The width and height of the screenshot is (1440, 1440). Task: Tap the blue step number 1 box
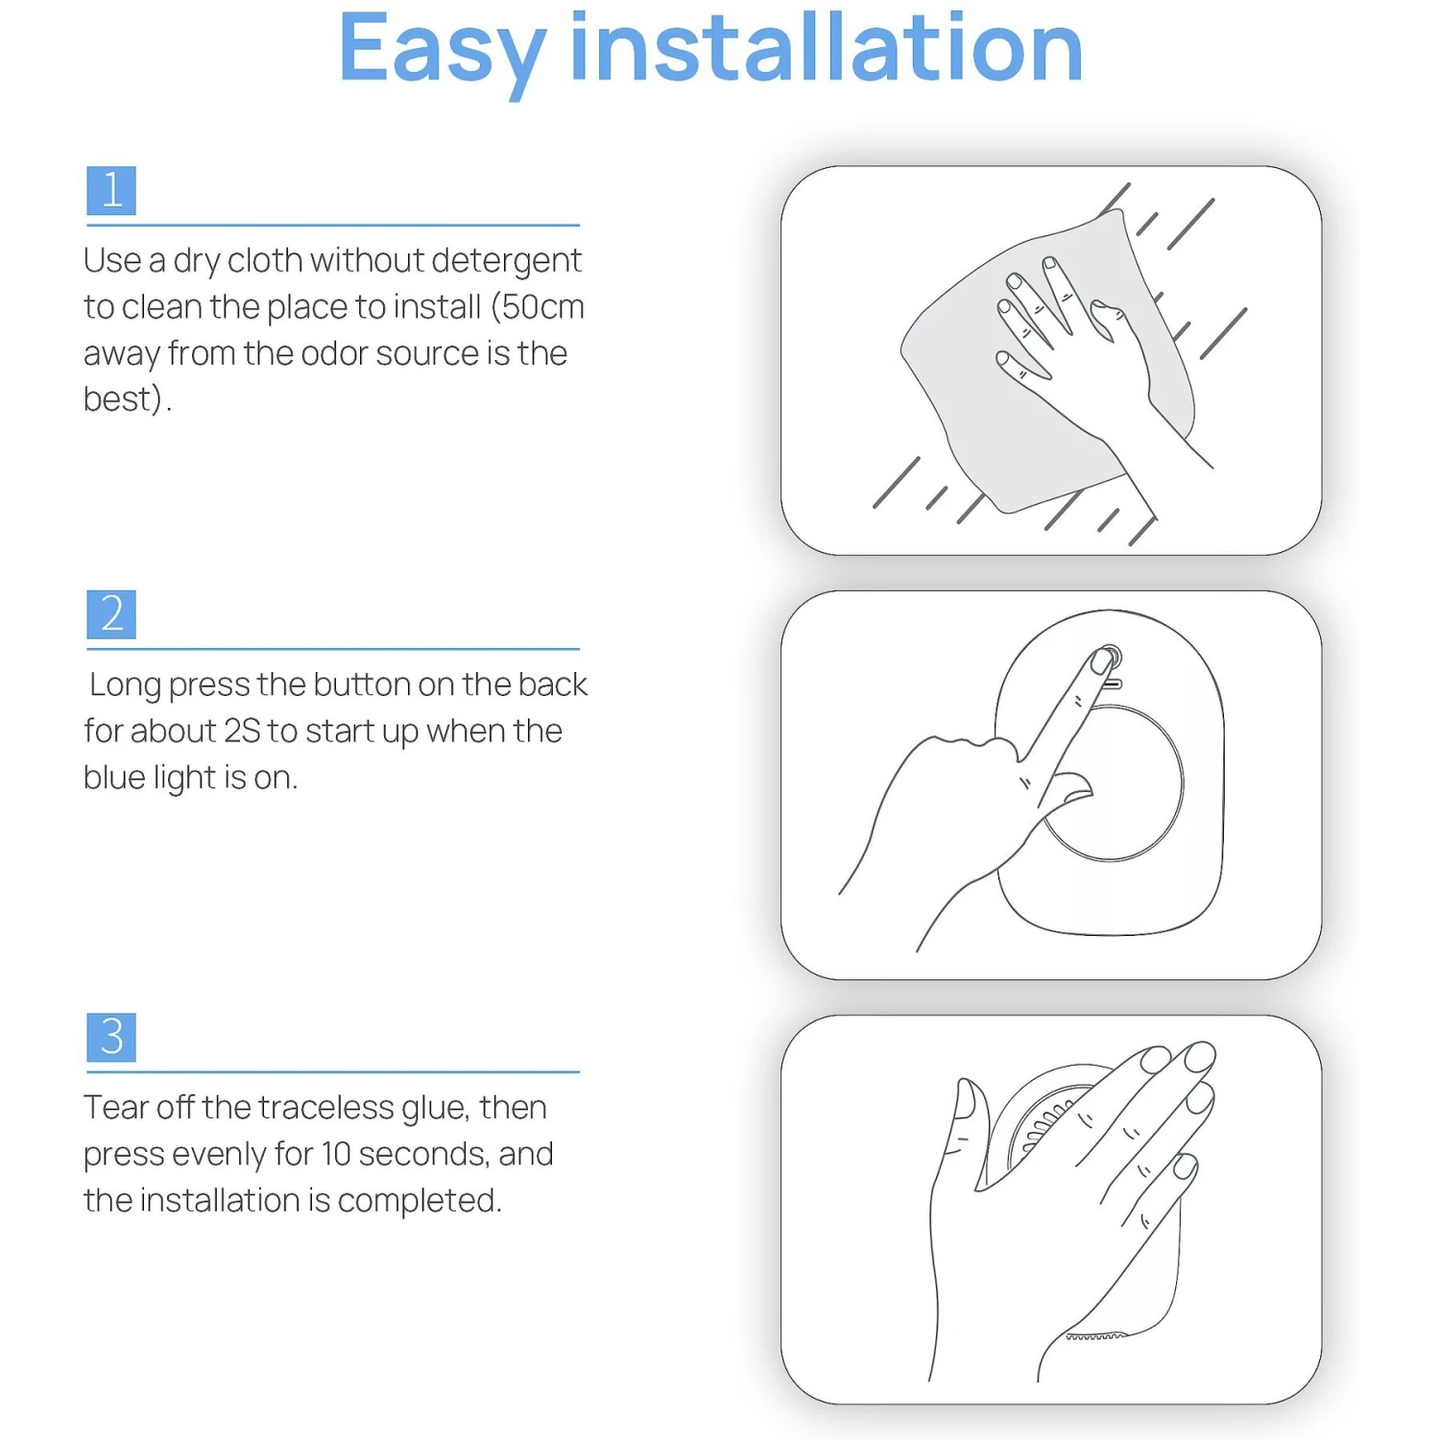[111, 190]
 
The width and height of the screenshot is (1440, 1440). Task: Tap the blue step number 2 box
[111, 614]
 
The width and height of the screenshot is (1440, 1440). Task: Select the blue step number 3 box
[111, 1037]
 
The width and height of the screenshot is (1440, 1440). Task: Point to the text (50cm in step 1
[537, 307]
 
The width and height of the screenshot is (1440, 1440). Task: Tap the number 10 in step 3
[335, 1154]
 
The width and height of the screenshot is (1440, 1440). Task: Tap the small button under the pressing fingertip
[1110, 658]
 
